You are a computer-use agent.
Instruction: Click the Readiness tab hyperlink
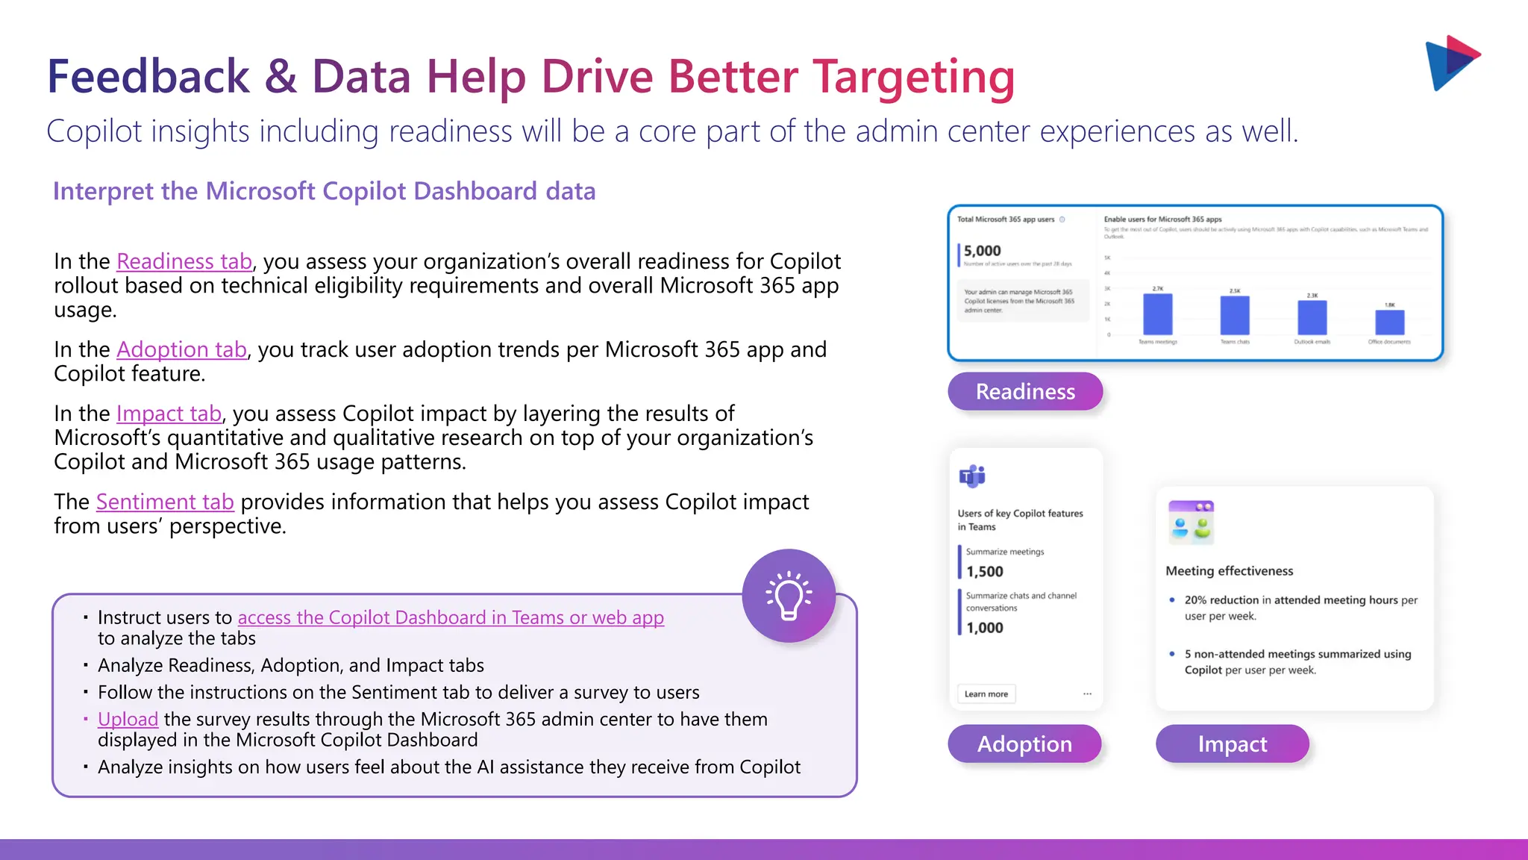pos(184,262)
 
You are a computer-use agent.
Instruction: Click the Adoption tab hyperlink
pos(181,350)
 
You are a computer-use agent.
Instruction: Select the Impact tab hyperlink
pos(169,414)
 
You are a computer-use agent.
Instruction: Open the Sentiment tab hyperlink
pos(165,502)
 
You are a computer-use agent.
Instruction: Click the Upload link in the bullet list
pos(128,720)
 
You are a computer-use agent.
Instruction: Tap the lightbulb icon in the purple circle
pos(789,596)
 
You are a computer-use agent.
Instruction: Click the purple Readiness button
pos(1025,392)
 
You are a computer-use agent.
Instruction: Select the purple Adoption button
pos(1024,744)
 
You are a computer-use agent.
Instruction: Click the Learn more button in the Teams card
pos(986,694)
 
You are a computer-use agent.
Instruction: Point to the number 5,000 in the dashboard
pos(982,252)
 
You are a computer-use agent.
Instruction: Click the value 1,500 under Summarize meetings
pos(985,572)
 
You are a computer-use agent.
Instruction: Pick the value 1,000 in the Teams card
pos(985,629)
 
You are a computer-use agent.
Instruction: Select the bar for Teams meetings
pos(1157,315)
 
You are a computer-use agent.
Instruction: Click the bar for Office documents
pos(1389,322)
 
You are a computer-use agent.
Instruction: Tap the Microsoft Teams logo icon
pos(972,476)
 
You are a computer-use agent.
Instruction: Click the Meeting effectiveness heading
pos(1229,571)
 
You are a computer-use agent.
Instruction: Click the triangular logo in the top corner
pos(1451,63)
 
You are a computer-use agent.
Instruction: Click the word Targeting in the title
pos(913,77)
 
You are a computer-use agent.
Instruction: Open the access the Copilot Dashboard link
pos(451,618)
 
